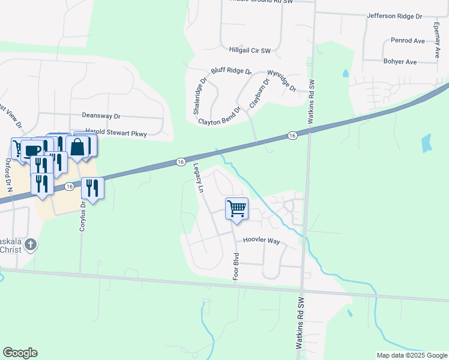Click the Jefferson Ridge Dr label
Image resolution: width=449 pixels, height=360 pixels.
point(394,16)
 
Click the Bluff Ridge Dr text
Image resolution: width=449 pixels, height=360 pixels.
point(231,70)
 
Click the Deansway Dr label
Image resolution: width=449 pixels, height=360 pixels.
point(101,115)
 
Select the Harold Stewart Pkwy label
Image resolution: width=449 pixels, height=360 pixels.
point(116,133)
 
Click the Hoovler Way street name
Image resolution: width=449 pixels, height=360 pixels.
point(261,241)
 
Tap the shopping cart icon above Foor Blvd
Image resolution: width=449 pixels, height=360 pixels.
point(237,209)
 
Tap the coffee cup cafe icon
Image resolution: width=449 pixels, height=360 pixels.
point(33,149)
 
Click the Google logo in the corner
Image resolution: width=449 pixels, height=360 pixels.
point(20,353)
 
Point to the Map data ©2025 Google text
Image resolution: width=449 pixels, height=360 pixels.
point(411,355)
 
